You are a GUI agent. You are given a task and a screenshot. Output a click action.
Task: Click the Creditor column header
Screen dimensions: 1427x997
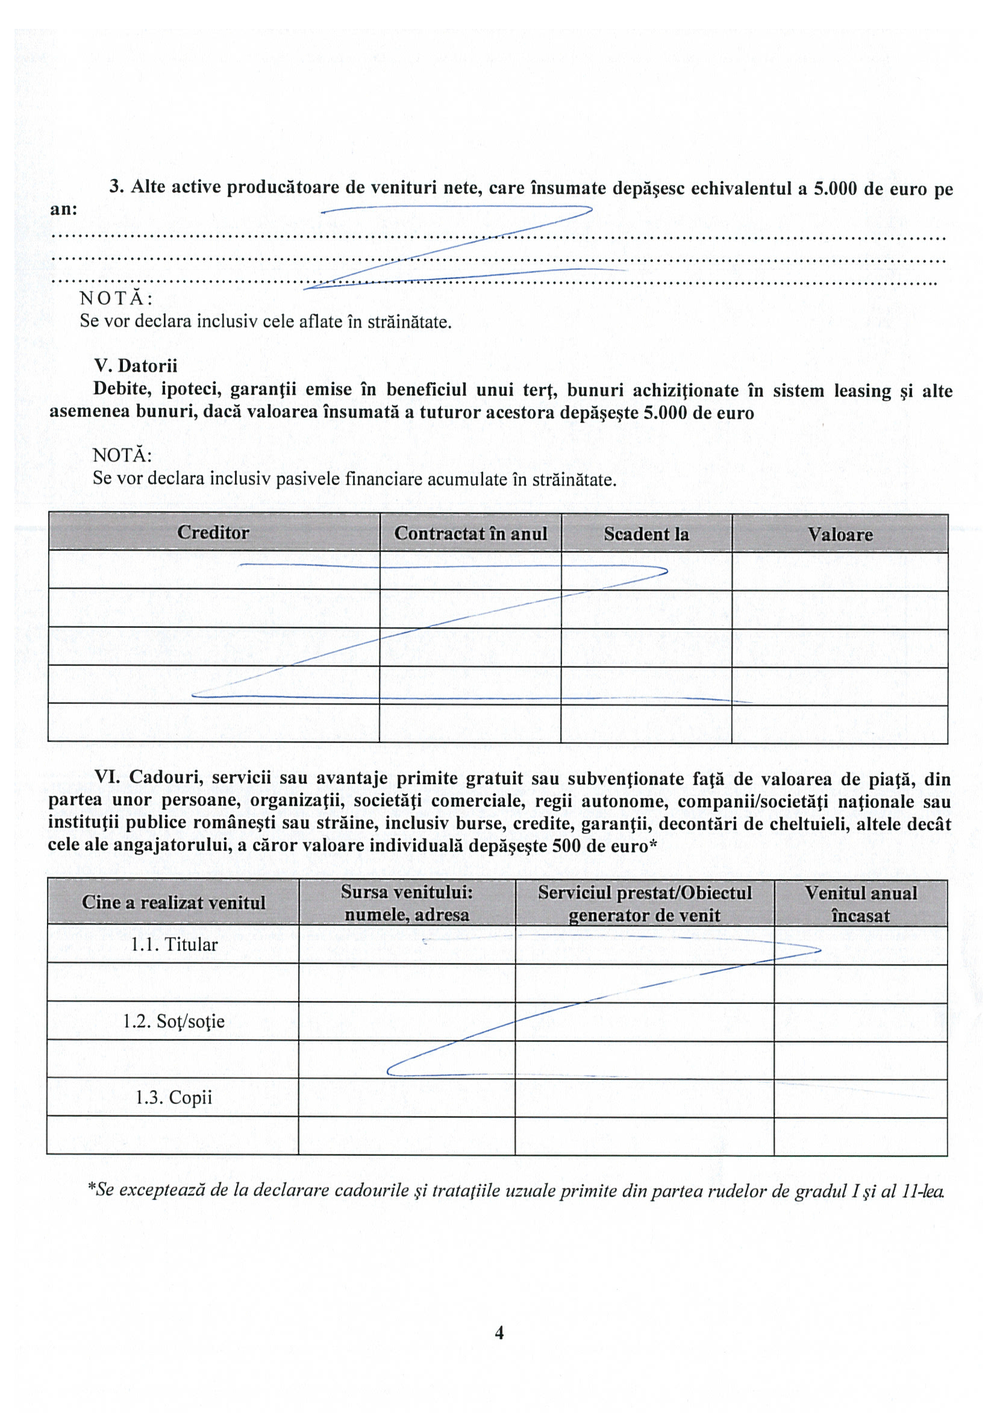[213, 533]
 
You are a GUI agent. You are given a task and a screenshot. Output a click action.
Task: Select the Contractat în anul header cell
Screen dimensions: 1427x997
[470, 534]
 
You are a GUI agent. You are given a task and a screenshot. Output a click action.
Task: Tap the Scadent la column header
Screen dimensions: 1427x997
[646, 535]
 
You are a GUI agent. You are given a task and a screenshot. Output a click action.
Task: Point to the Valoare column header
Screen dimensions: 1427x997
[840, 535]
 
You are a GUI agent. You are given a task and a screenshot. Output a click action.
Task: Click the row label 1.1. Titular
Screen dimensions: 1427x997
[174, 945]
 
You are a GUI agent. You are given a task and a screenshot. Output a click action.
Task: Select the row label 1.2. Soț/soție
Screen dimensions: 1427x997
[173, 1021]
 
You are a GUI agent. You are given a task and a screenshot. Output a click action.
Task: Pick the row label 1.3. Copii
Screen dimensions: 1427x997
[173, 1097]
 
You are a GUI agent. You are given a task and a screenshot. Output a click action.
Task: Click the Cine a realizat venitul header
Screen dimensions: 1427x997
[173, 903]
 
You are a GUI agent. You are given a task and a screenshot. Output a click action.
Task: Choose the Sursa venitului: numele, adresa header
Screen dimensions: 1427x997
[407, 903]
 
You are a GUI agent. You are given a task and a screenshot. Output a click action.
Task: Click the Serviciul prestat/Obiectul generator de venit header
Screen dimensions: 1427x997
[644, 904]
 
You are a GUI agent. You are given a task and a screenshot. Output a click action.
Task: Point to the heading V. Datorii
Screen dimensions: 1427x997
[136, 365]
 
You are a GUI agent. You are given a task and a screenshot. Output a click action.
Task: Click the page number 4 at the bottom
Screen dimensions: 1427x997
[499, 1332]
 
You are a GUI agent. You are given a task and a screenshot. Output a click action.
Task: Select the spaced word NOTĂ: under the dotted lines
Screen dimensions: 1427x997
[116, 299]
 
